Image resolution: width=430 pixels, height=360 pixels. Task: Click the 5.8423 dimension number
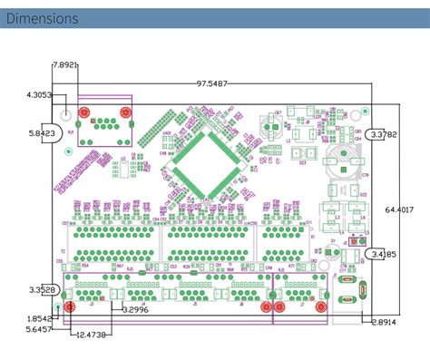coord(42,132)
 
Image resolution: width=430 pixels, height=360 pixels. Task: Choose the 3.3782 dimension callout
coord(384,133)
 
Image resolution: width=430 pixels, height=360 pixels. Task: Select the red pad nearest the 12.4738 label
coord(71,306)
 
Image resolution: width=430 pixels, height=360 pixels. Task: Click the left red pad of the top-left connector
coord(83,113)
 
